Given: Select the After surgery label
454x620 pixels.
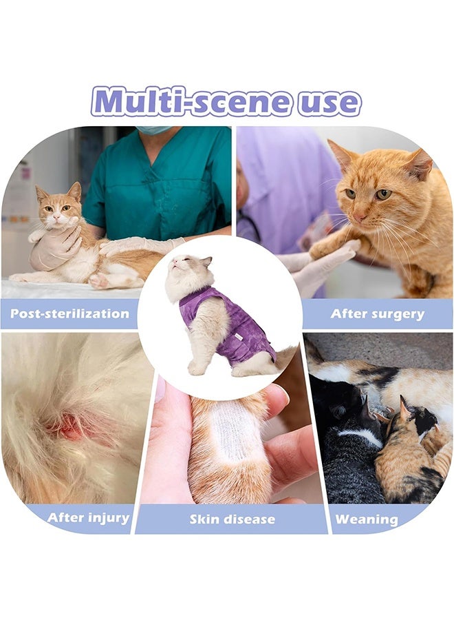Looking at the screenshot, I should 377,313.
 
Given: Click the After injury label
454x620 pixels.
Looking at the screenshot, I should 89,517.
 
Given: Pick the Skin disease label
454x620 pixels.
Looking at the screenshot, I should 232,519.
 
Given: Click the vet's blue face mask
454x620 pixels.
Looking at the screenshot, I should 154,129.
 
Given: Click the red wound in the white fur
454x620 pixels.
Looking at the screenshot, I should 69,428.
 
